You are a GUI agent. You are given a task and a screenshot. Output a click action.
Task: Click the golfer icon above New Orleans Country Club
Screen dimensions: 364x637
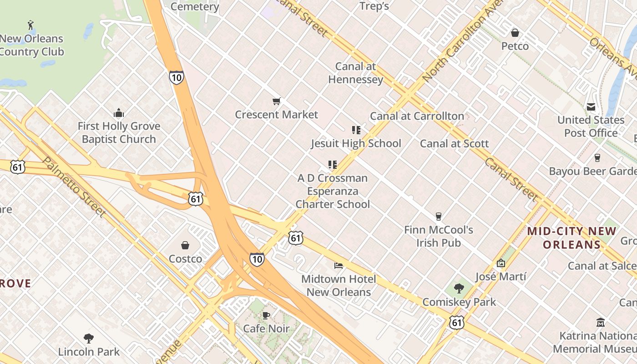pyautogui.click(x=30, y=25)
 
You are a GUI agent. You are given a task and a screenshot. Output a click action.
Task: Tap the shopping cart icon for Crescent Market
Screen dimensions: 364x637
pyautogui.click(x=276, y=101)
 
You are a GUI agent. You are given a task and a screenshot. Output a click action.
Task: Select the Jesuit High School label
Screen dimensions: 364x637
pyautogui.click(x=356, y=144)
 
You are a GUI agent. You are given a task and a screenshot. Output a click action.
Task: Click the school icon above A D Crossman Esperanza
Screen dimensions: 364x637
pyautogui.click(x=333, y=164)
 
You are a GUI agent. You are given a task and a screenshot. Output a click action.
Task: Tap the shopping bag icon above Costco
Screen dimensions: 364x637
pyautogui.click(x=185, y=246)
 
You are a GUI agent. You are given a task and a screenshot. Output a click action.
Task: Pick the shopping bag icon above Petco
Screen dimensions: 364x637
pyautogui.click(x=515, y=33)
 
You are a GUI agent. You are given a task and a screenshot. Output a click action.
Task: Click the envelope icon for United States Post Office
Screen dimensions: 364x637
pyautogui.click(x=591, y=107)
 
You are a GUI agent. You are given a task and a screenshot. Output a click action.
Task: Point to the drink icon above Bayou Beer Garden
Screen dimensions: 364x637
pyautogui.click(x=597, y=158)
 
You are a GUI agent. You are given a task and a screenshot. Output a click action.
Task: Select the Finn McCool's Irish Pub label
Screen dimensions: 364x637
pyautogui.click(x=439, y=236)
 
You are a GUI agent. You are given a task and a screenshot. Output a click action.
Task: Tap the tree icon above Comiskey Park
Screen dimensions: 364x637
pyautogui.click(x=459, y=288)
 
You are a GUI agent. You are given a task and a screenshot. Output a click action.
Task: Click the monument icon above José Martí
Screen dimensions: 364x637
pyautogui.click(x=501, y=263)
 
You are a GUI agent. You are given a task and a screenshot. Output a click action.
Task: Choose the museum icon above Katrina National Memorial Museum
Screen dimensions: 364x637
pyautogui.click(x=601, y=323)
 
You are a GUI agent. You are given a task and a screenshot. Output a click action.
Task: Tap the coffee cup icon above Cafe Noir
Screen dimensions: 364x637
pyautogui.click(x=266, y=315)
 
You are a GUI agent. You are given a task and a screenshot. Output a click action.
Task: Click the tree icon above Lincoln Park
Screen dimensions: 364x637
pyautogui.click(x=89, y=338)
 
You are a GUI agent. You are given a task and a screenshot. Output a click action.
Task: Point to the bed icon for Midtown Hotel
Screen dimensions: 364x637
pyautogui.click(x=339, y=265)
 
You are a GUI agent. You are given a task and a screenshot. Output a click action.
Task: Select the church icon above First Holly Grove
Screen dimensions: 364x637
pyautogui.click(x=119, y=113)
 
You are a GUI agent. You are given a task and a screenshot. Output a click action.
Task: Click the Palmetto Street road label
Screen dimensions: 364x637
pyautogui.click(x=74, y=187)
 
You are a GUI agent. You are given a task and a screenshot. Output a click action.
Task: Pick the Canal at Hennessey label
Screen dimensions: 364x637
pyautogui.click(x=355, y=73)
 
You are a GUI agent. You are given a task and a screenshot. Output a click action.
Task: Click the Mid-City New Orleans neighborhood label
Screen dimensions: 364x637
pyautogui.click(x=571, y=238)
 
